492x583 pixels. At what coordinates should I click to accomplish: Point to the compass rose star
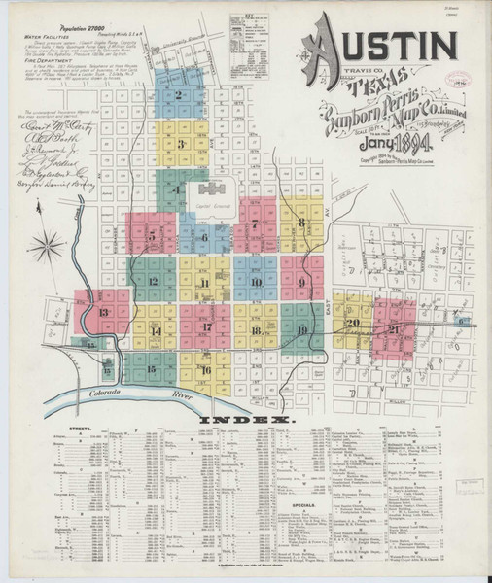tap(46, 248)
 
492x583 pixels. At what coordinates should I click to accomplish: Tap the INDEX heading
tap(247, 420)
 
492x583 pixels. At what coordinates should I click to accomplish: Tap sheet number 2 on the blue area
tap(179, 95)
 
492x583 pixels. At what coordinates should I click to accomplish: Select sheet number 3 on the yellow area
tap(181, 144)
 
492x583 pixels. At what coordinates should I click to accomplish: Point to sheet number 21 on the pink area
tap(394, 331)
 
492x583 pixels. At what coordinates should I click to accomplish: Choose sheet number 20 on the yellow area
tap(353, 323)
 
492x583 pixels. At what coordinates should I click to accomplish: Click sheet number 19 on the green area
tap(302, 331)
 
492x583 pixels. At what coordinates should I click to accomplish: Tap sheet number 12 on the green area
tap(154, 282)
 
